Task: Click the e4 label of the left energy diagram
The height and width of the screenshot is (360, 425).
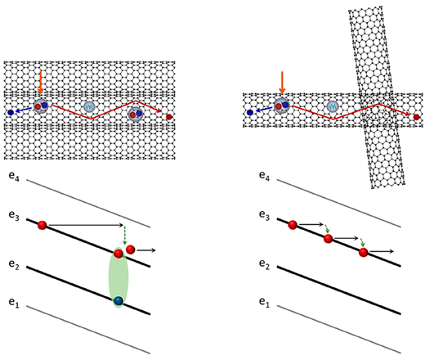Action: (x=14, y=176)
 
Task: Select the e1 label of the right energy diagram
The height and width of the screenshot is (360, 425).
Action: (x=264, y=302)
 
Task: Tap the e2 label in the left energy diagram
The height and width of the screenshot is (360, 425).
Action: (x=14, y=264)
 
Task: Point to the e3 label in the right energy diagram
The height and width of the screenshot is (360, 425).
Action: (x=264, y=215)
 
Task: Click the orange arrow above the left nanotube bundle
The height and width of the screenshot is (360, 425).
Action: (x=40, y=83)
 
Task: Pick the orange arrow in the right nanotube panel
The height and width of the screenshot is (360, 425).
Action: (x=282, y=83)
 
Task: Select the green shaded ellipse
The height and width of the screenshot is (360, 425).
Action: (x=119, y=277)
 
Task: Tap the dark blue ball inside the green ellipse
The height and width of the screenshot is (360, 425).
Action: (x=119, y=301)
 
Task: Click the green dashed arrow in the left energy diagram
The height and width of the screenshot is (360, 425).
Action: (x=124, y=235)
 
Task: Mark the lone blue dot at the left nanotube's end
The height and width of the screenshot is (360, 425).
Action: (x=11, y=112)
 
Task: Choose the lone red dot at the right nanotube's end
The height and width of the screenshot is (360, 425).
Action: (x=416, y=117)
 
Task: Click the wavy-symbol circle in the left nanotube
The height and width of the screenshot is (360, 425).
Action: (x=89, y=107)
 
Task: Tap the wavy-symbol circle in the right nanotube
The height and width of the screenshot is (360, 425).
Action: (x=333, y=107)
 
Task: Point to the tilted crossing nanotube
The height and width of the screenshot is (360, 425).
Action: (x=376, y=97)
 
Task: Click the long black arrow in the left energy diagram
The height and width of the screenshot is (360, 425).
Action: (x=86, y=225)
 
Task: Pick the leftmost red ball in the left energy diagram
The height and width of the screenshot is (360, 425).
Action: (x=42, y=225)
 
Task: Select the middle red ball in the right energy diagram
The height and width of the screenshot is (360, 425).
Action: (x=328, y=239)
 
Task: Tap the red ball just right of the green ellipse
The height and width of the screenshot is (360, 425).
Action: (x=131, y=250)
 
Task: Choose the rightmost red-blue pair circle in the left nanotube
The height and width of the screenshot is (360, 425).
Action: (x=136, y=115)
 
